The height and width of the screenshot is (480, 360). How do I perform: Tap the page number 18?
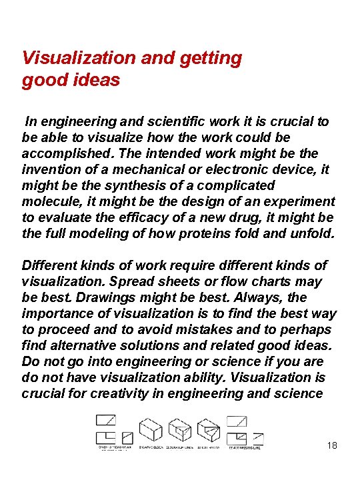coord(331,445)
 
